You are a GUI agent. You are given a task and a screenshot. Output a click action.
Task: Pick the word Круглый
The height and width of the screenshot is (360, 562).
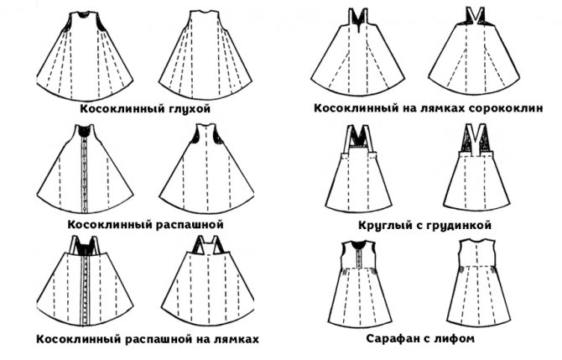point(380,226)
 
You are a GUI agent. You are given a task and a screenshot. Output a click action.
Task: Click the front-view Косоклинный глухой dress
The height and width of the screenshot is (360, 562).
point(85,56)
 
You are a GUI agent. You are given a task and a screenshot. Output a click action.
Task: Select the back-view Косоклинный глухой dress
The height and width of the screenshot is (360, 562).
point(206,55)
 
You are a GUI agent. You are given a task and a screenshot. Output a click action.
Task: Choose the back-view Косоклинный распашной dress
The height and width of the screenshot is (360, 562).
point(207,169)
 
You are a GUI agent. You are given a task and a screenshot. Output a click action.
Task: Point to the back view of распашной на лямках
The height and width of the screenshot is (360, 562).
point(207,280)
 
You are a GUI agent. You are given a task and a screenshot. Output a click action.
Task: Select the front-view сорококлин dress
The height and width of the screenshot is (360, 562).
point(357,51)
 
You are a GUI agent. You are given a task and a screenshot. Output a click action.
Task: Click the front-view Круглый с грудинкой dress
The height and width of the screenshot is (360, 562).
point(358,168)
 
